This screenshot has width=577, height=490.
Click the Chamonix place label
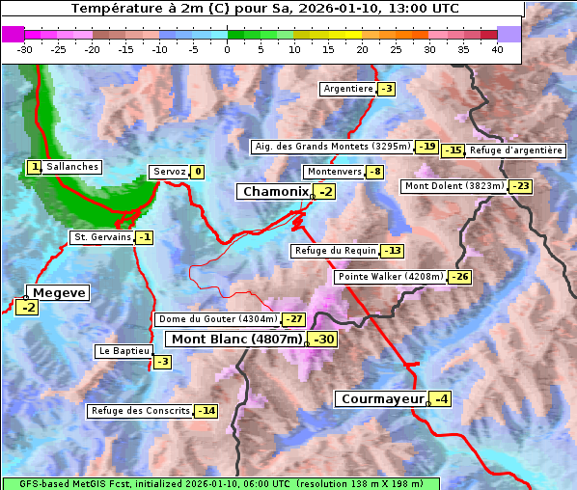click(274, 192)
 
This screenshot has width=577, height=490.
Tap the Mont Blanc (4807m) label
click(236, 340)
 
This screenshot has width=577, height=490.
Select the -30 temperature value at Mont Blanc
click(323, 340)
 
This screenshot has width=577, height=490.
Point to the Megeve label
click(59, 292)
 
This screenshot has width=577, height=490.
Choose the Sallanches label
click(72, 167)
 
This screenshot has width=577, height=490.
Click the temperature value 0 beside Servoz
click(198, 173)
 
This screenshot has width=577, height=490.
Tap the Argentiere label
click(348, 89)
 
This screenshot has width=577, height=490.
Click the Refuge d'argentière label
click(515, 150)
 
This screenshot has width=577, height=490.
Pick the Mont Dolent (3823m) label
click(454, 186)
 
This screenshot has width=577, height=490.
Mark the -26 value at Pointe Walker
click(459, 277)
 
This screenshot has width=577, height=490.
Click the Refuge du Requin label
click(335, 251)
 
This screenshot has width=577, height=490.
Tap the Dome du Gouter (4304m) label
click(218, 319)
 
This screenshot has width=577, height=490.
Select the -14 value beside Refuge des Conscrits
click(206, 411)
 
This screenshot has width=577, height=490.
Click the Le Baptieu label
click(124, 352)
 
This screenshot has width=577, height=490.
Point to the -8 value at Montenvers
click(374, 172)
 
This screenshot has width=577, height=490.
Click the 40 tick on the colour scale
click(497, 49)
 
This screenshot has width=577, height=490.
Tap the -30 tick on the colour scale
click(25, 49)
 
